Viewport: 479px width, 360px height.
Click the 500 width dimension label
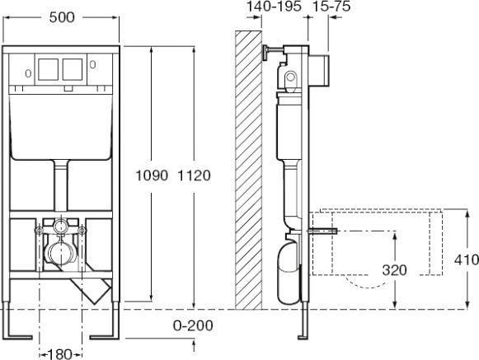(x=62, y=17)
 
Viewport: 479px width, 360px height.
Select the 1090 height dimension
(x=152, y=175)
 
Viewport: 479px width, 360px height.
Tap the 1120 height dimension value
(x=195, y=175)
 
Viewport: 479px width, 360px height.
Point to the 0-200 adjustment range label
(x=193, y=325)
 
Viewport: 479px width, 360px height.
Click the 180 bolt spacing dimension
(x=60, y=354)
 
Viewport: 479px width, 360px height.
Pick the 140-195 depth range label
(x=274, y=7)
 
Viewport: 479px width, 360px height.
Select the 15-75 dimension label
(x=331, y=7)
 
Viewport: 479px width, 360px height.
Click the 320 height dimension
(x=394, y=270)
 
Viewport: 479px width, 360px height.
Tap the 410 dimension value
(x=467, y=259)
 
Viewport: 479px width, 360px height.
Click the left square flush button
(x=49, y=69)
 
